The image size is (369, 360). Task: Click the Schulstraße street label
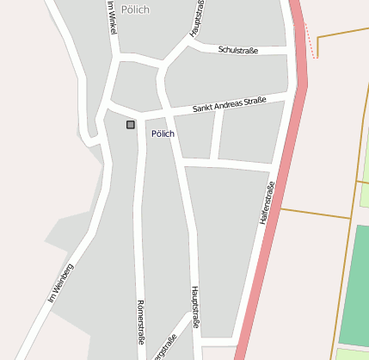[238, 50]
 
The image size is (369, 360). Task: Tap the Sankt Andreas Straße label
[230, 104]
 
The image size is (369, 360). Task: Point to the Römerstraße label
[140, 320]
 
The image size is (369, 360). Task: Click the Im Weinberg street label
[61, 282]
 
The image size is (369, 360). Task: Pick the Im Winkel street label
[111, 17]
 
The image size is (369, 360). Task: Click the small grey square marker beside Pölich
[131, 125]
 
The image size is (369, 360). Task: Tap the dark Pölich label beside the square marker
[163, 134]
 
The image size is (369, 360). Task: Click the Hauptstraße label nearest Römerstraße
[195, 307]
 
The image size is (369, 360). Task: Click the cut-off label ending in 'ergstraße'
[166, 350]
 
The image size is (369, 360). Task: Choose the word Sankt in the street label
[202, 109]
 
